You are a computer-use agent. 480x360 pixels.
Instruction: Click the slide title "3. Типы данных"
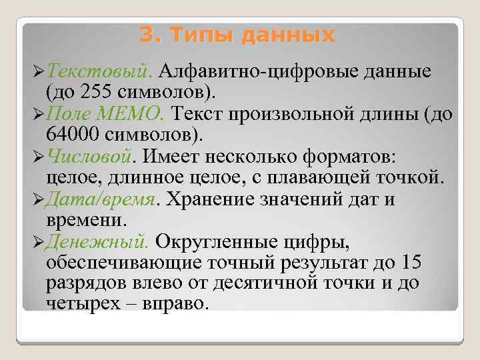[x=238, y=33]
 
